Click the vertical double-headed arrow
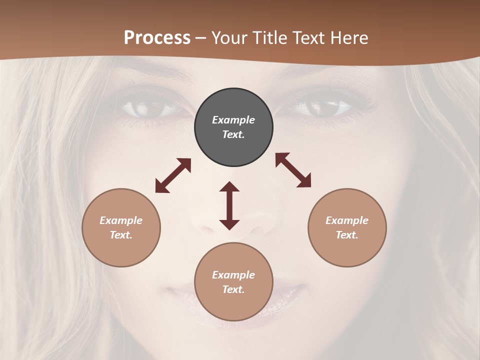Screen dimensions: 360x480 tap(229, 205)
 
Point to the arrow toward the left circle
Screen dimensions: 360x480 tap(173, 175)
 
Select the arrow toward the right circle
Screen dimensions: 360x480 tap(293, 170)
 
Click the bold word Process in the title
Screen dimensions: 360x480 tap(157, 38)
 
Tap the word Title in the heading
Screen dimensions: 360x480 tap(269, 38)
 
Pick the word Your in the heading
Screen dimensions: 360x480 tap(228, 38)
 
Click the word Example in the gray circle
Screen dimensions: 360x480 tap(233, 120)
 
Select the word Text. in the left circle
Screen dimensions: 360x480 tap(121, 235)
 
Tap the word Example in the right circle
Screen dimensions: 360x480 tap(347, 220)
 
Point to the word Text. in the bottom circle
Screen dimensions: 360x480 tap(233, 289)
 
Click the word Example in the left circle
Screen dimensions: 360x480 tap(121, 220)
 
